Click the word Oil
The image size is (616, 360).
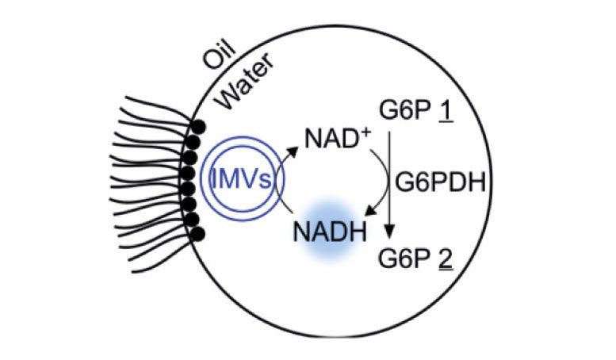(220, 55)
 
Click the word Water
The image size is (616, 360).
(246, 82)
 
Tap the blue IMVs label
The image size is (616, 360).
(241, 179)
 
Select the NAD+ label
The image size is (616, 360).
(338, 138)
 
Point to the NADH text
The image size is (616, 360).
(330, 232)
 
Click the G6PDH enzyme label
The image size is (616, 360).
(440, 182)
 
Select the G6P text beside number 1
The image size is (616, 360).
(405, 110)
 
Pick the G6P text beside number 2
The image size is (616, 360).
(404, 259)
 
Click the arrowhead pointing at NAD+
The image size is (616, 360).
(293, 151)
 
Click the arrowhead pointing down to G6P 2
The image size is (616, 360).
(389, 232)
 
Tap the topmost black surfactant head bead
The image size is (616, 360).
(198, 128)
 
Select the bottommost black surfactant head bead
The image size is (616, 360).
(197, 234)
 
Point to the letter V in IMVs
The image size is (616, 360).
(249, 179)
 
